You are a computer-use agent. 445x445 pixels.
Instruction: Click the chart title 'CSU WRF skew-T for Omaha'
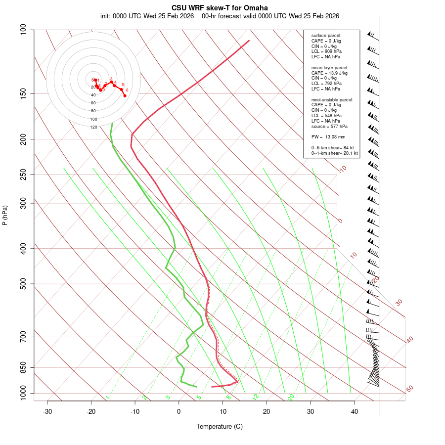click(x=220, y=8)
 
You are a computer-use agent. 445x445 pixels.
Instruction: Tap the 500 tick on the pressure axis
click(x=23, y=284)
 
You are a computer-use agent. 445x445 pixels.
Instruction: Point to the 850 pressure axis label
click(x=23, y=367)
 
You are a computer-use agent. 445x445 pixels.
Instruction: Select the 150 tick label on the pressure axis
click(x=23, y=93)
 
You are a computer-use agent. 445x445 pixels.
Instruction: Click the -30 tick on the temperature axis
click(x=47, y=411)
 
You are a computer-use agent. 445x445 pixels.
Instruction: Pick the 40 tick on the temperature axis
click(x=354, y=411)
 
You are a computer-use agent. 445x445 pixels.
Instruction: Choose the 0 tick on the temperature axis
click(x=179, y=411)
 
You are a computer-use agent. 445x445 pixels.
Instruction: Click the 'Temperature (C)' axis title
click(x=220, y=426)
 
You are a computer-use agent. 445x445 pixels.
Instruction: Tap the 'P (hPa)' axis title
click(x=5, y=215)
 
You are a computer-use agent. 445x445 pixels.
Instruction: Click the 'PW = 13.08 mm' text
click(x=328, y=137)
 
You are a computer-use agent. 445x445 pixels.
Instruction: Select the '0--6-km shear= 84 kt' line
click(x=332, y=148)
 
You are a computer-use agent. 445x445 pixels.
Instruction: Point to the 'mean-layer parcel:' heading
click(x=330, y=67)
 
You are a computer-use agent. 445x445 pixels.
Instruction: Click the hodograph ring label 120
click(x=93, y=127)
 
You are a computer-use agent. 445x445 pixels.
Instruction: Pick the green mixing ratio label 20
click(x=291, y=397)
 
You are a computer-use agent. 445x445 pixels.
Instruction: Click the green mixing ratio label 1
click(x=107, y=398)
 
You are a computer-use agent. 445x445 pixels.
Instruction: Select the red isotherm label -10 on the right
click(x=342, y=170)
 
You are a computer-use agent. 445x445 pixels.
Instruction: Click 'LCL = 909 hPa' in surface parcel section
click(x=326, y=51)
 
